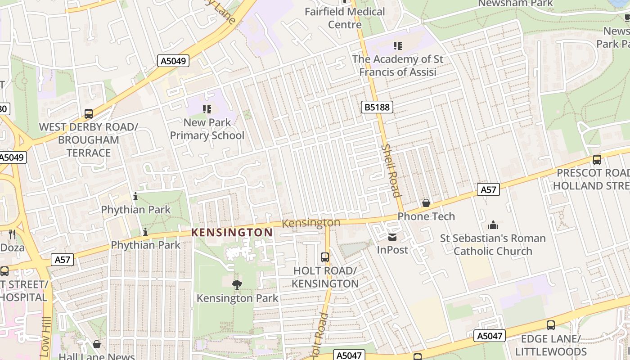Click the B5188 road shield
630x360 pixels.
coord(377,107)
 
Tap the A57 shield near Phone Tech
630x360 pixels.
coord(488,190)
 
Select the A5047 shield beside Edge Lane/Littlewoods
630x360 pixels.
coord(490,336)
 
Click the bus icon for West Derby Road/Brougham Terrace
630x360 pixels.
coord(89,114)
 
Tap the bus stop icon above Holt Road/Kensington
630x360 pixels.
coord(325,257)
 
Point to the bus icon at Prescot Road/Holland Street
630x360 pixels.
coord(597,160)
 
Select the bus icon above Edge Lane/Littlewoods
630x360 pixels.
coord(550,325)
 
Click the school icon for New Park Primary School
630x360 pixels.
coord(207,109)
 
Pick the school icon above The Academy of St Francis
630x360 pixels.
coord(397,46)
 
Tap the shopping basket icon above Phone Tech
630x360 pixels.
coord(426,203)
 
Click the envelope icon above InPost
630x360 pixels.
coord(392,237)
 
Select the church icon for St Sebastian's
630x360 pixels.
coord(493,225)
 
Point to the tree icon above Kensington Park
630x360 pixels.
coord(237,284)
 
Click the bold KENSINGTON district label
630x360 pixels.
coord(232,233)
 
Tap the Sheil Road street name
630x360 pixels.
coord(390,171)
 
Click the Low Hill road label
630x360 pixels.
coord(46,331)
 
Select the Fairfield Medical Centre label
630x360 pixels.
coord(345,18)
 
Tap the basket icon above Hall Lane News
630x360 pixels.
coord(96,345)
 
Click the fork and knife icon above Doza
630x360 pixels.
coord(12,234)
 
